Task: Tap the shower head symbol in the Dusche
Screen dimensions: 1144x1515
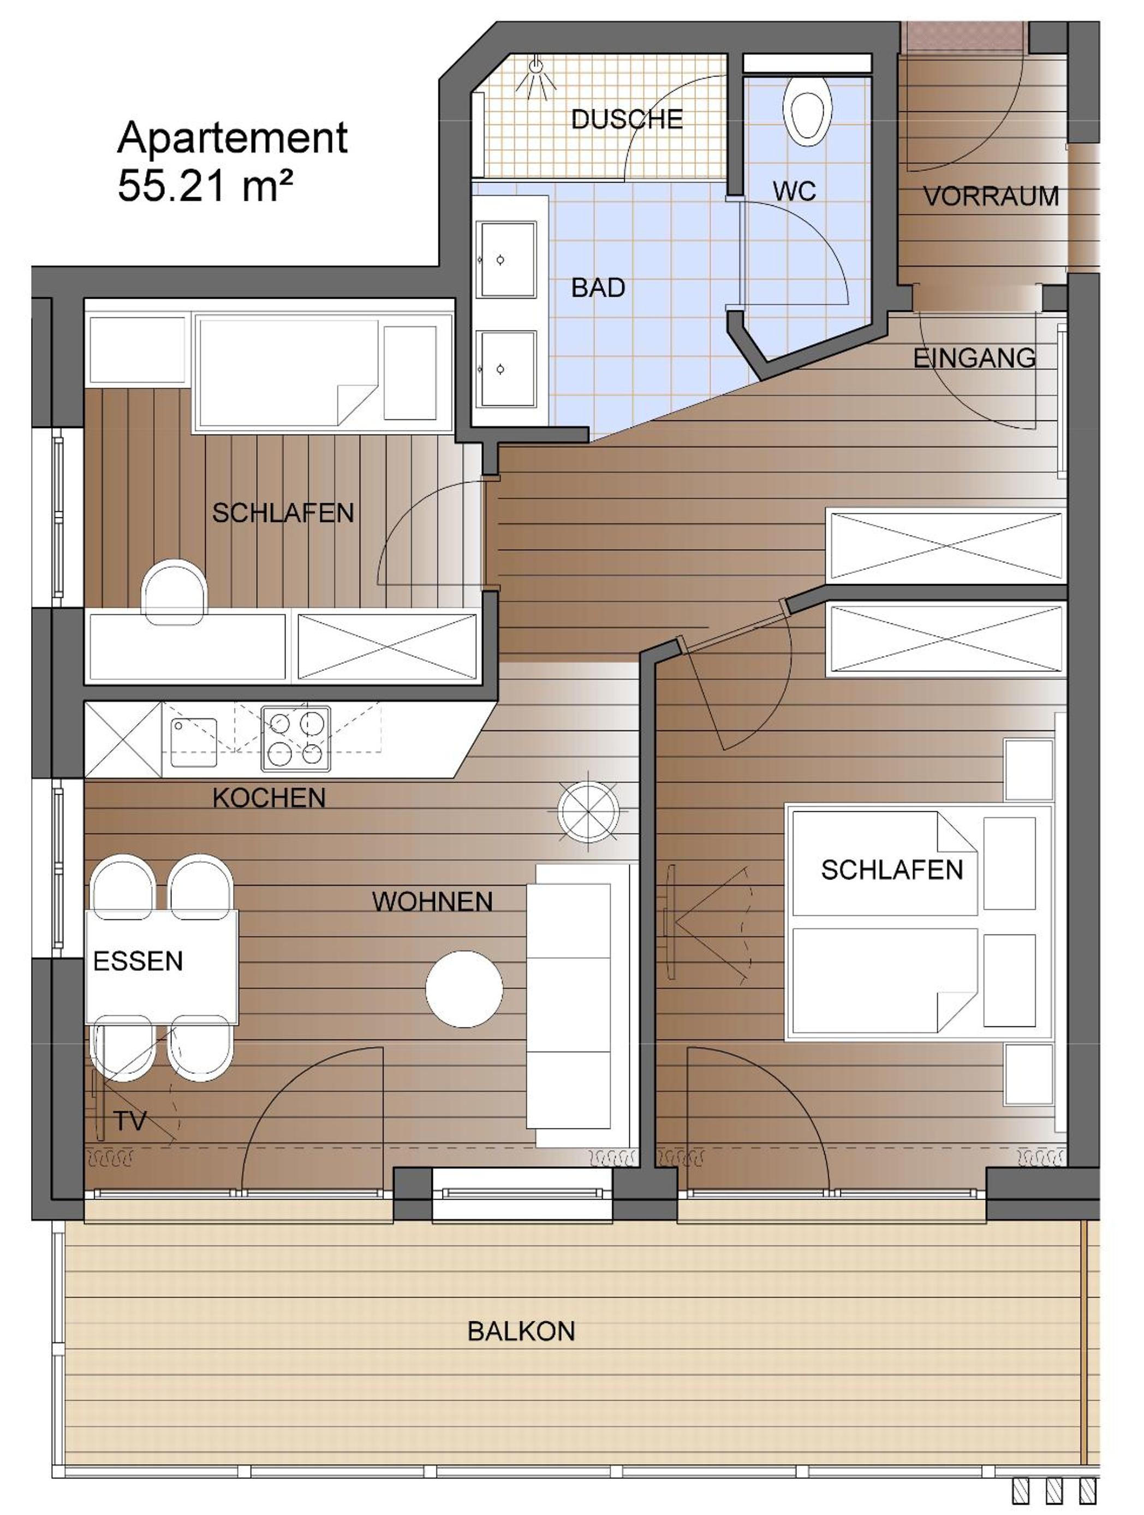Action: [536, 78]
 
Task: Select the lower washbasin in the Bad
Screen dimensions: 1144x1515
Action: [506, 369]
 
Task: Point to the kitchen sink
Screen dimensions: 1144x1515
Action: [194, 742]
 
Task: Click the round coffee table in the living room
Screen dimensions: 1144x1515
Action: [464, 988]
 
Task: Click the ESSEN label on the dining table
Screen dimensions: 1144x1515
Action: [138, 961]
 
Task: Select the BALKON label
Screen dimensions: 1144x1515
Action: [521, 1332]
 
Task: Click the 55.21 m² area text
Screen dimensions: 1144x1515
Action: [205, 186]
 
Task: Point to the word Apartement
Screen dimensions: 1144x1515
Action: [233, 138]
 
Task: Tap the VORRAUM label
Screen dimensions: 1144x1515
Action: [991, 197]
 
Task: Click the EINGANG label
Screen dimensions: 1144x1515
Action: [974, 358]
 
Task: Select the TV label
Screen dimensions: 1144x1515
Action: [130, 1121]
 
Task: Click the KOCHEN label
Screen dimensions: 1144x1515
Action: [269, 798]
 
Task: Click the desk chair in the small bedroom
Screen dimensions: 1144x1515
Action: [175, 592]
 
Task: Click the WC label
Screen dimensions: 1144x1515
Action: [794, 191]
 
